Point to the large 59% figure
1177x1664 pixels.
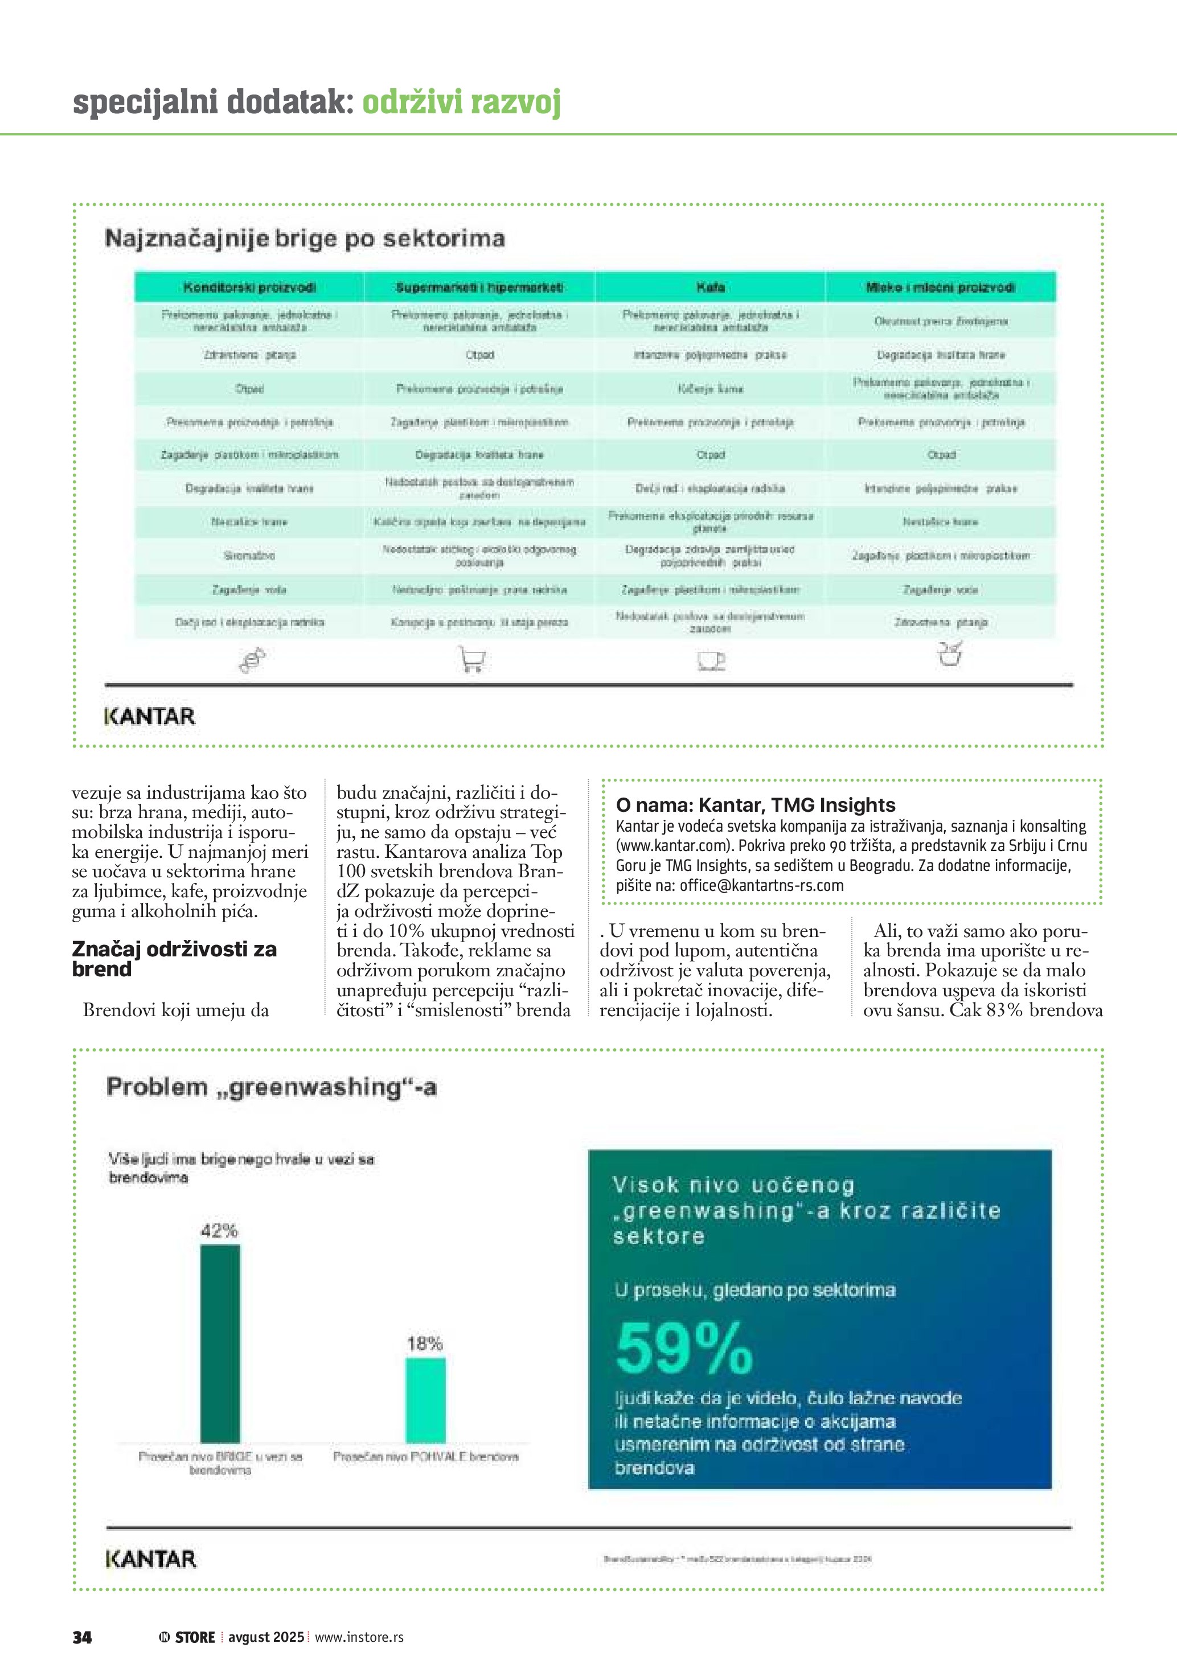684,1347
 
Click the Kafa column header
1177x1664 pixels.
710,287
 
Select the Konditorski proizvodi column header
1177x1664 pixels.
249,287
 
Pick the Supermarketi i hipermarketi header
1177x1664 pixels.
480,287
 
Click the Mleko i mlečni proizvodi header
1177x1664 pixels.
940,287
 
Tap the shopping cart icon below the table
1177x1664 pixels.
472,659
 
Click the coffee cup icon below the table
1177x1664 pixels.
710,660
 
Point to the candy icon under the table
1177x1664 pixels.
252,660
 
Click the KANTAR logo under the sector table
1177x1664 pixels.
150,716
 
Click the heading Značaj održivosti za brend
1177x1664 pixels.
174,958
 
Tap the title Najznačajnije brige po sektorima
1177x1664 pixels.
305,238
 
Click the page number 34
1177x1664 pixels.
82,1637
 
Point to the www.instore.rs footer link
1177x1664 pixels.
359,1637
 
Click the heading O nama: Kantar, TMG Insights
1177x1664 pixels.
755,804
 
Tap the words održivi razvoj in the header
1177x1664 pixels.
462,102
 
